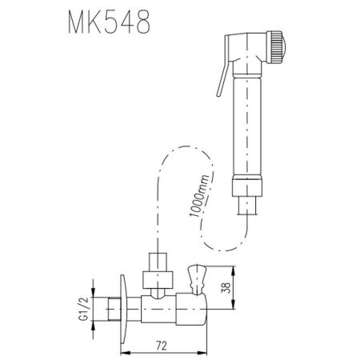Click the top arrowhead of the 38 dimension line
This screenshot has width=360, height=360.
click(234, 270)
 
